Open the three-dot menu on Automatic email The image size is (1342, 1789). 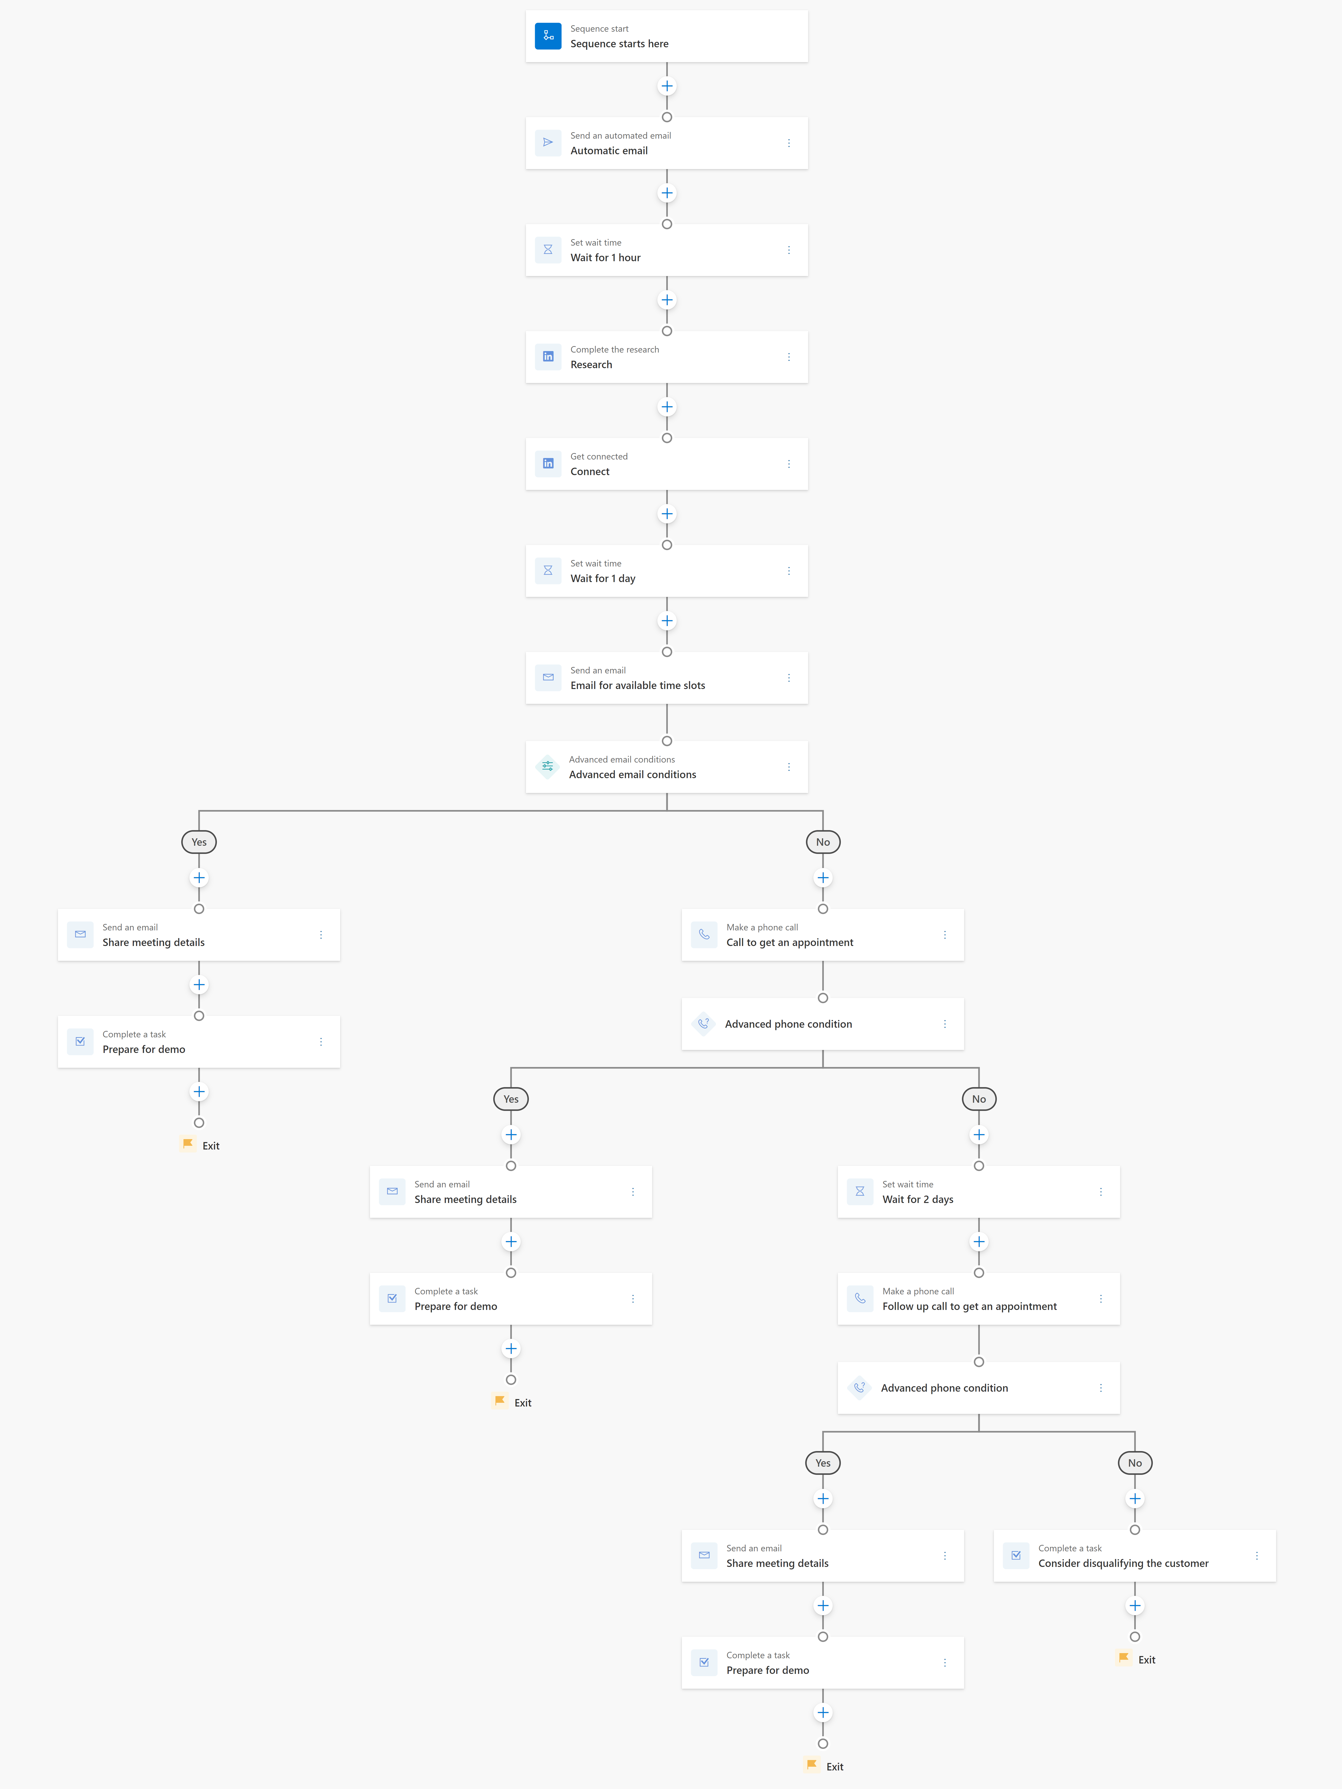(789, 143)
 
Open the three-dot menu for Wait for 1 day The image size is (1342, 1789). (789, 571)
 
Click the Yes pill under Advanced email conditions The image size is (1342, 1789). (199, 842)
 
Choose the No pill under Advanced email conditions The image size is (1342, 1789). (823, 842)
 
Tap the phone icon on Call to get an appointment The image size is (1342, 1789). (704, 934)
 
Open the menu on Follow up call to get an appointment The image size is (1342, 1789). (1101, 1299)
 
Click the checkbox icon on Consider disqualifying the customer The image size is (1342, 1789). (1016, 1555)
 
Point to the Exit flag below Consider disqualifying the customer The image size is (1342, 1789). (1124, 1658)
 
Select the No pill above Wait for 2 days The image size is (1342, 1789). (979, 1099)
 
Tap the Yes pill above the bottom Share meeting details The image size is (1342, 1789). (823, 1463)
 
